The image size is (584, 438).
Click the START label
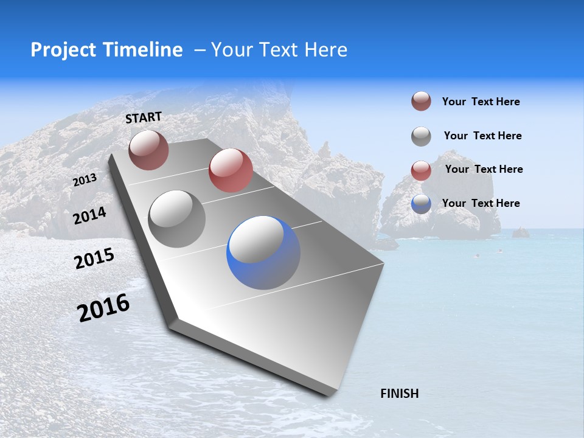point(144,117)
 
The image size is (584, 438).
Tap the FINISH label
point(399,394)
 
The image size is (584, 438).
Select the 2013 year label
point(85,180)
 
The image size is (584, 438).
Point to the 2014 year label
point(89,216)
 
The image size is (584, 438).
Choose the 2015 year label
point(94,259)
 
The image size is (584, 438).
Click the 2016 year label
point(103,307)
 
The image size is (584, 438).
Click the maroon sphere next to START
point(148,150)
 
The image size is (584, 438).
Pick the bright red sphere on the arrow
point(231,170)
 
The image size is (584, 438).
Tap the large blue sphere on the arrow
point(263,252)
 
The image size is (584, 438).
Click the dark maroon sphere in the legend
point(421,102)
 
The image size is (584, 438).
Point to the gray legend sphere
point(421,136)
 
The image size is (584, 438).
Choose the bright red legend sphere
point(421,170)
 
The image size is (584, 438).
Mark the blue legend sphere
point(421,204)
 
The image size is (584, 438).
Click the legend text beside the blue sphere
point(481,203)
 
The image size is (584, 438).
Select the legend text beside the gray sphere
point(482,136)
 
